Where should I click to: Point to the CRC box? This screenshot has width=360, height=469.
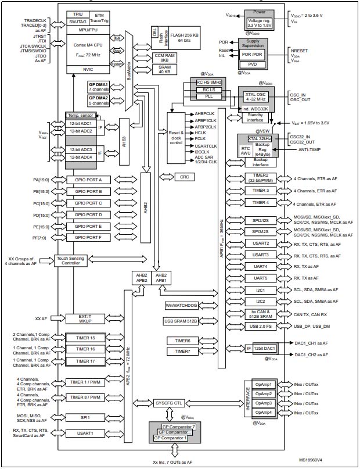pos(184,176)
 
